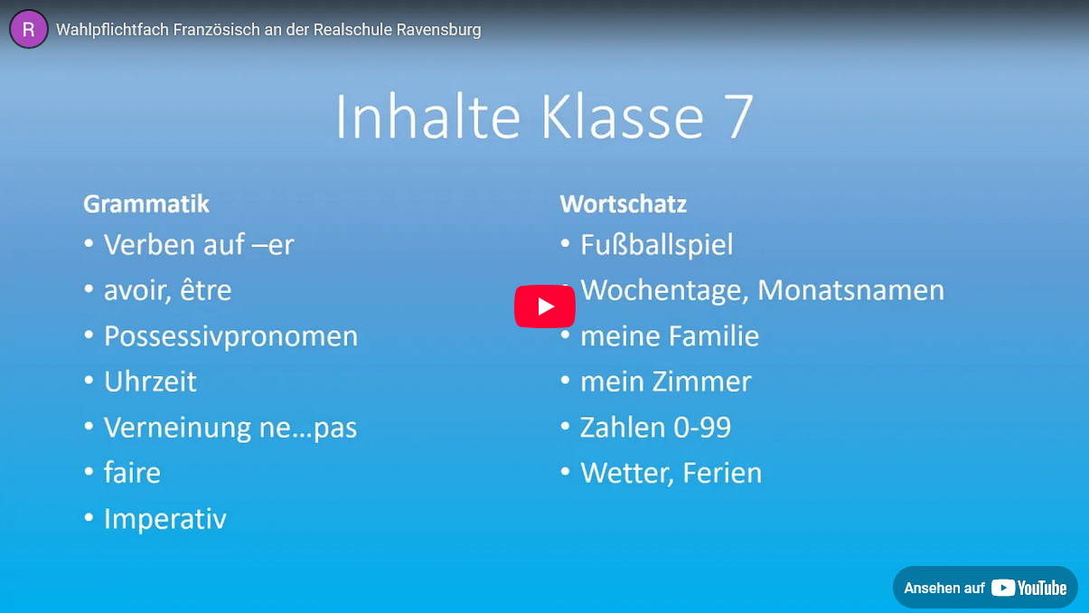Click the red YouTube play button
coord(544,306)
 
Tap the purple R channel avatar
coord(29,29)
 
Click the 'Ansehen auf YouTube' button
coord(985,587)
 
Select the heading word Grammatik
coord(146,203)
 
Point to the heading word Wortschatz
coord(624,203)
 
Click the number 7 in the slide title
coord(739,117)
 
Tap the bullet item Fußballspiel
coord(657,244)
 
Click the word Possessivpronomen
coord(231,336)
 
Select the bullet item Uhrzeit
coord(150,382)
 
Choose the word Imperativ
coord(165,519)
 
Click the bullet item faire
coord(132,472)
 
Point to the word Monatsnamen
coord(851,290)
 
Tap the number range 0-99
coord(702,428)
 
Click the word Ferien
coord(722,473)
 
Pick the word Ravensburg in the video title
coord(438,30)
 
